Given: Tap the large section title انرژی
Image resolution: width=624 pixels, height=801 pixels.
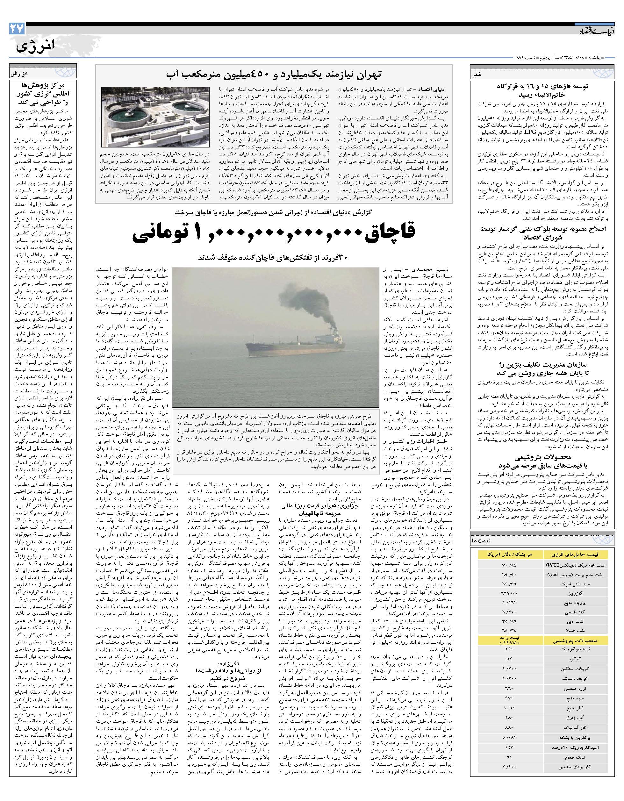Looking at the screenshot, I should tap(36, 46).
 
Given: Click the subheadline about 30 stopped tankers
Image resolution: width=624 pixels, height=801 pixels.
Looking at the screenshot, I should tap(273, 258).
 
